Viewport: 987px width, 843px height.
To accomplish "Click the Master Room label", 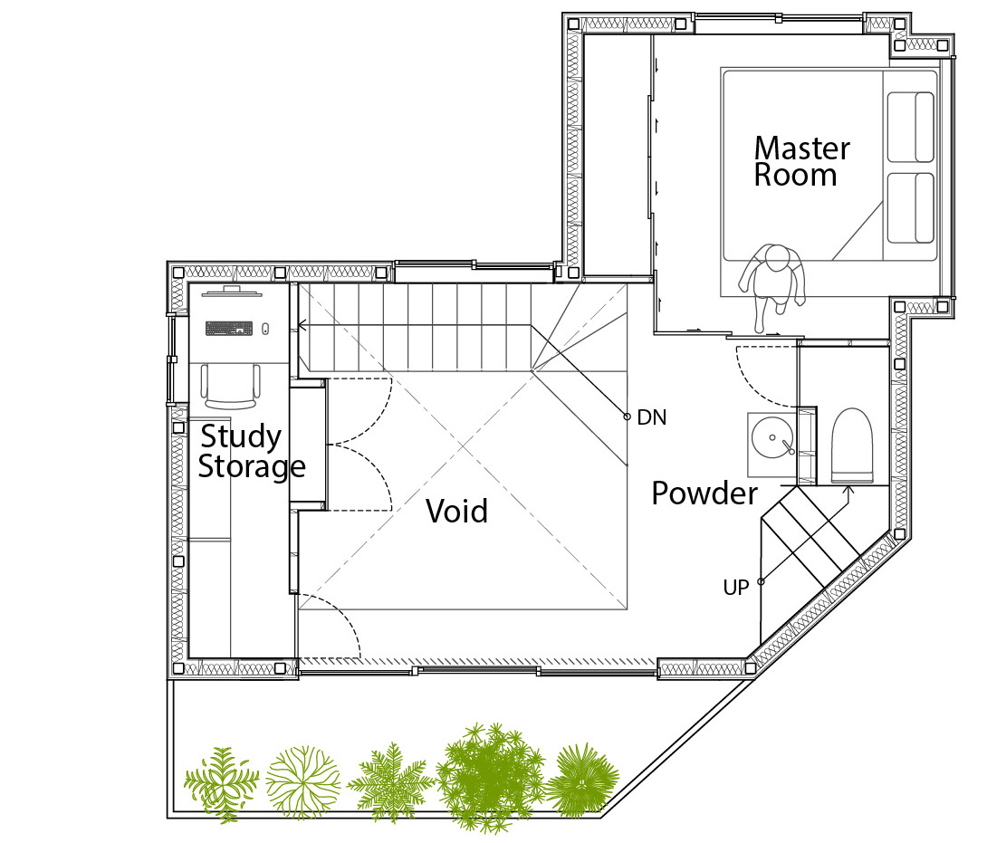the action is (801, 161).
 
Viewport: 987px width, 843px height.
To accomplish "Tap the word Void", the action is (456, 511).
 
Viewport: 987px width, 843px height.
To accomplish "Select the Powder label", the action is (704, 493).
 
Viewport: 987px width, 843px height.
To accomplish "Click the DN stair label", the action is (651, 417).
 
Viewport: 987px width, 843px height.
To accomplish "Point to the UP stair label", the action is (736, 588).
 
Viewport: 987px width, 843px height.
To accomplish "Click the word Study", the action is (241, 437).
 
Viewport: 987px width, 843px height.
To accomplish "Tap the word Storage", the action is (252, 467).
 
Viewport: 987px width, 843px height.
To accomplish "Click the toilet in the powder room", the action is (852, 445).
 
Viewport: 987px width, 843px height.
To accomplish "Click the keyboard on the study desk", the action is (229, 328).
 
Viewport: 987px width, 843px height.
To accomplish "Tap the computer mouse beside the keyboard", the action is (265, 328).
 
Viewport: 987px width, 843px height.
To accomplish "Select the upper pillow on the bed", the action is (911, 127).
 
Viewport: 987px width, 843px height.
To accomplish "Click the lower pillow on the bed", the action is (911, 207).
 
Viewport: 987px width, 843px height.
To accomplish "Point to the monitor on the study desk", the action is (232, 291).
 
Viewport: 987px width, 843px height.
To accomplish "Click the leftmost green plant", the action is (222, 784).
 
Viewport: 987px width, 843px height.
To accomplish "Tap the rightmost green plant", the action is (582, 781).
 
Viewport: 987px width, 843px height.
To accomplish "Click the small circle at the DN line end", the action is (627, 417).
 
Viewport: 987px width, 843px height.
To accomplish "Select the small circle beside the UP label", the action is (761, 581).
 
